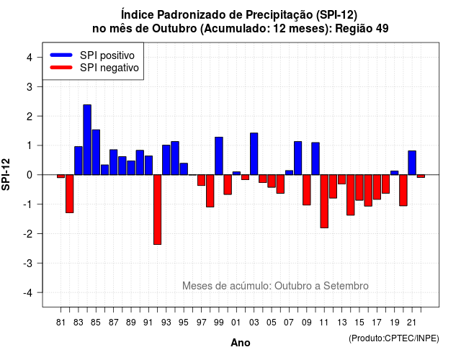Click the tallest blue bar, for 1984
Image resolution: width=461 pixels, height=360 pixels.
point(87,140)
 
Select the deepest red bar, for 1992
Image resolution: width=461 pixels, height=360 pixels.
point(157,210)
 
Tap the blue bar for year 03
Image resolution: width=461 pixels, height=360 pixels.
point(254,153)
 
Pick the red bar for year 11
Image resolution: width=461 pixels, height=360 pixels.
point(324,202)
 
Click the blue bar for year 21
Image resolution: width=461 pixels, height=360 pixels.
point(412,163)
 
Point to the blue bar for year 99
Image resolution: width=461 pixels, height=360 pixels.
point(219,156)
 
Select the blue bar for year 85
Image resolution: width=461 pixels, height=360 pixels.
point(96,152)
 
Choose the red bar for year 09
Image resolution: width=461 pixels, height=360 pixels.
point(307,190)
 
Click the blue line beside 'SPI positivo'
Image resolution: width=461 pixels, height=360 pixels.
point(61,55)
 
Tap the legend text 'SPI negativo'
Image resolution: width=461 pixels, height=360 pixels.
point(109,68)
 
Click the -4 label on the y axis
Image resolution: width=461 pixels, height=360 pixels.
point(28,293)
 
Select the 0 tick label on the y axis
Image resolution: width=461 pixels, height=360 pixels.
point(30,175)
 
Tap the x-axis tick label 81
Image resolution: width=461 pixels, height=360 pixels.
point(61,323)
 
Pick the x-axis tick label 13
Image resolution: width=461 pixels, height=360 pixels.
point(342,323)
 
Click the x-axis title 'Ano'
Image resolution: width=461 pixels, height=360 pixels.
point(241,343)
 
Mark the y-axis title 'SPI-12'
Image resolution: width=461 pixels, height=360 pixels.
point(6,174)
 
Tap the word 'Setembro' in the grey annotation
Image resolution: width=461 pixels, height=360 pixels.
point(346,286)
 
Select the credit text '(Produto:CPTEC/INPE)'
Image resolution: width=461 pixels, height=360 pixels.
point(394,338)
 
